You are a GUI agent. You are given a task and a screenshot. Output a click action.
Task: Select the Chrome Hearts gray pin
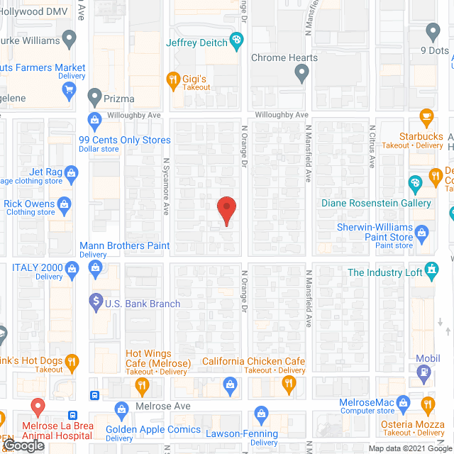click(x=301, y=72)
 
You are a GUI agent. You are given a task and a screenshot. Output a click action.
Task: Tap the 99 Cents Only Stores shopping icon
click(x=94, y=121)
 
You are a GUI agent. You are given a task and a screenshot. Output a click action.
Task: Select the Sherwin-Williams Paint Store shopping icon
click(x=421, y=232)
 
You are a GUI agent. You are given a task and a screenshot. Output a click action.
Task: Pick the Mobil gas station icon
click(x=423, y=370)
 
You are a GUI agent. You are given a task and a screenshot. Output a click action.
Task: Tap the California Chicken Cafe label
click(x=253, y=362)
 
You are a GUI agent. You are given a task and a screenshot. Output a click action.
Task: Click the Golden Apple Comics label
click(x=153, y=430)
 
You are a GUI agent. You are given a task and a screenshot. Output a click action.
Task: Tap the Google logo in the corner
click(x=23, y=445)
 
